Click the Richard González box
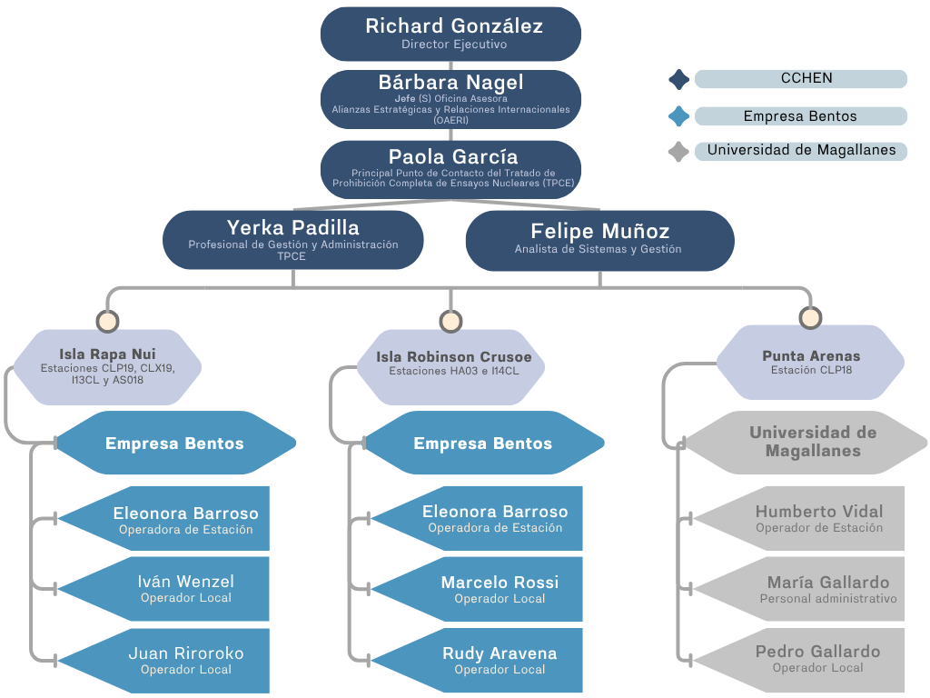pos(451,34)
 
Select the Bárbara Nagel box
pos(451,100)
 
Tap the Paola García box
pos(451,169)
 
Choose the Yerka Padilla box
pos(292,240)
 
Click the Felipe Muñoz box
pos(599,240)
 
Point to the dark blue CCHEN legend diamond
pos(678,79)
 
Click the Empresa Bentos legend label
pos(800,116)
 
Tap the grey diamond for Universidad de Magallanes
pos(678,152)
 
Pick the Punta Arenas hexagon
pos(810,362)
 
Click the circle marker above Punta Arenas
pos(810,317)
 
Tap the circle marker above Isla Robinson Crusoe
pos(450,321)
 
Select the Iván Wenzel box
pos(182,589)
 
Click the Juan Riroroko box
pos(182,661)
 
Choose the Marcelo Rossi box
pos(495,590)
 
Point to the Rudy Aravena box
pos(495,661)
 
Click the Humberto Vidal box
pos(813,519)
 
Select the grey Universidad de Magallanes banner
pos(799,443)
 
